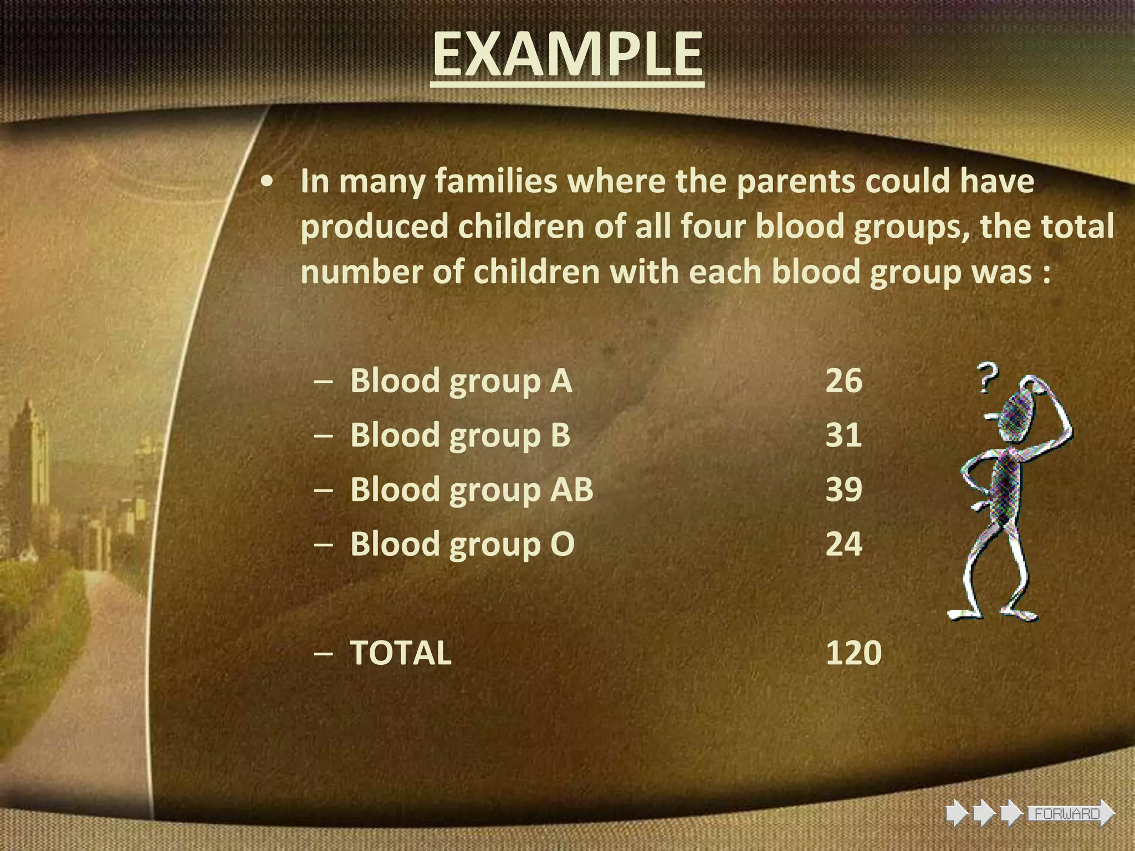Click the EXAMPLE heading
click(567, 54)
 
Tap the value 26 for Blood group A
click(843, 381)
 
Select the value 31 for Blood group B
click(843, 435)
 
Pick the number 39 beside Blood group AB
click(843, 490)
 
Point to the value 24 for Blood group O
click(843, 544)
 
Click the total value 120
click(853, 653)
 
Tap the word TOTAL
click(401, 653)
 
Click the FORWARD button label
click(1067, 814)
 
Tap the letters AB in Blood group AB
click(571, 490)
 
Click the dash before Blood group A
click(323, 382)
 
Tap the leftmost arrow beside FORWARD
click(957, 814)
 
